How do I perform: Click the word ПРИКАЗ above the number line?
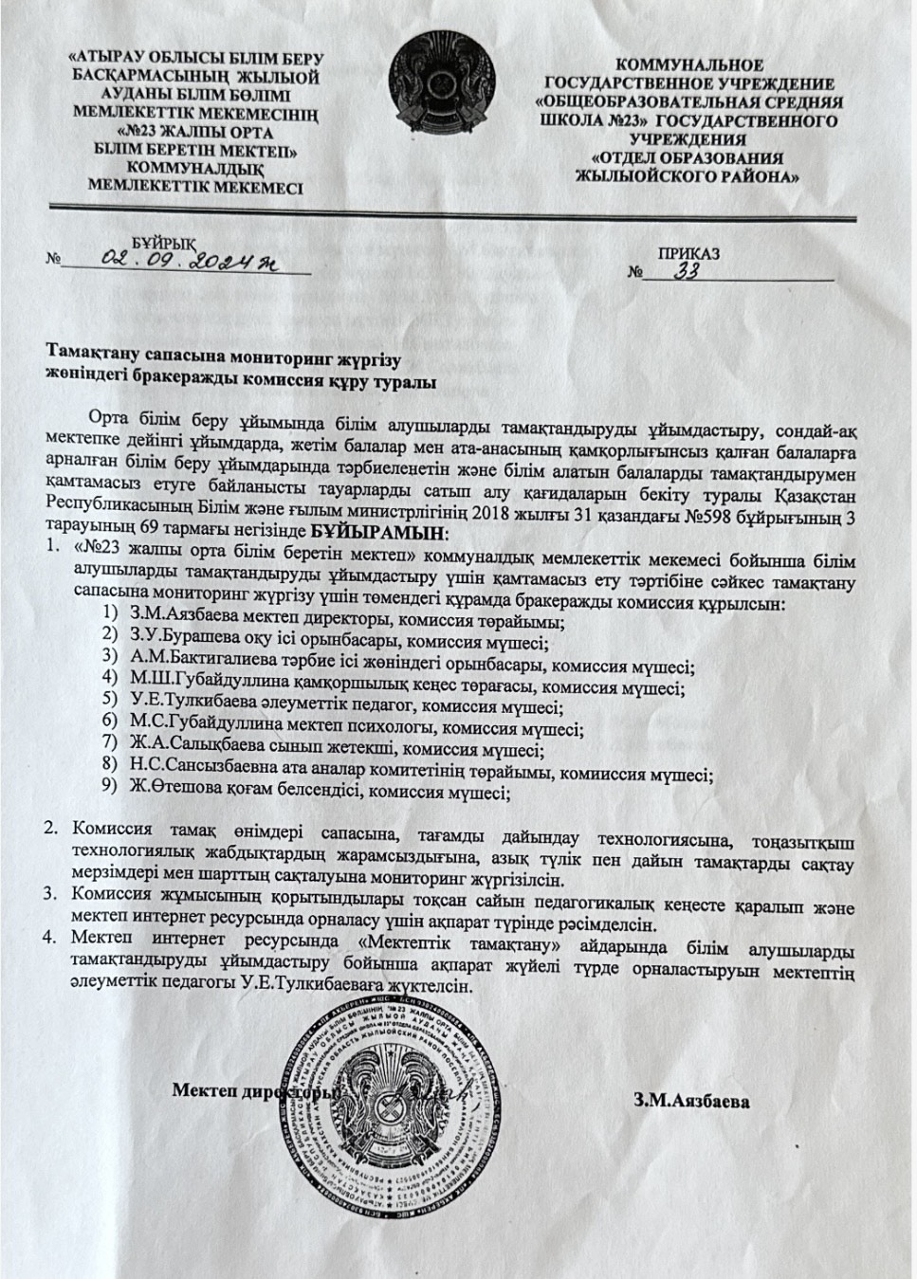tap(688, 253)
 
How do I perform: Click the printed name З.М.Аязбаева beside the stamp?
tap(691, 1103)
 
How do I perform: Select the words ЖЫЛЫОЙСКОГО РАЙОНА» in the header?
tap(688, 176)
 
